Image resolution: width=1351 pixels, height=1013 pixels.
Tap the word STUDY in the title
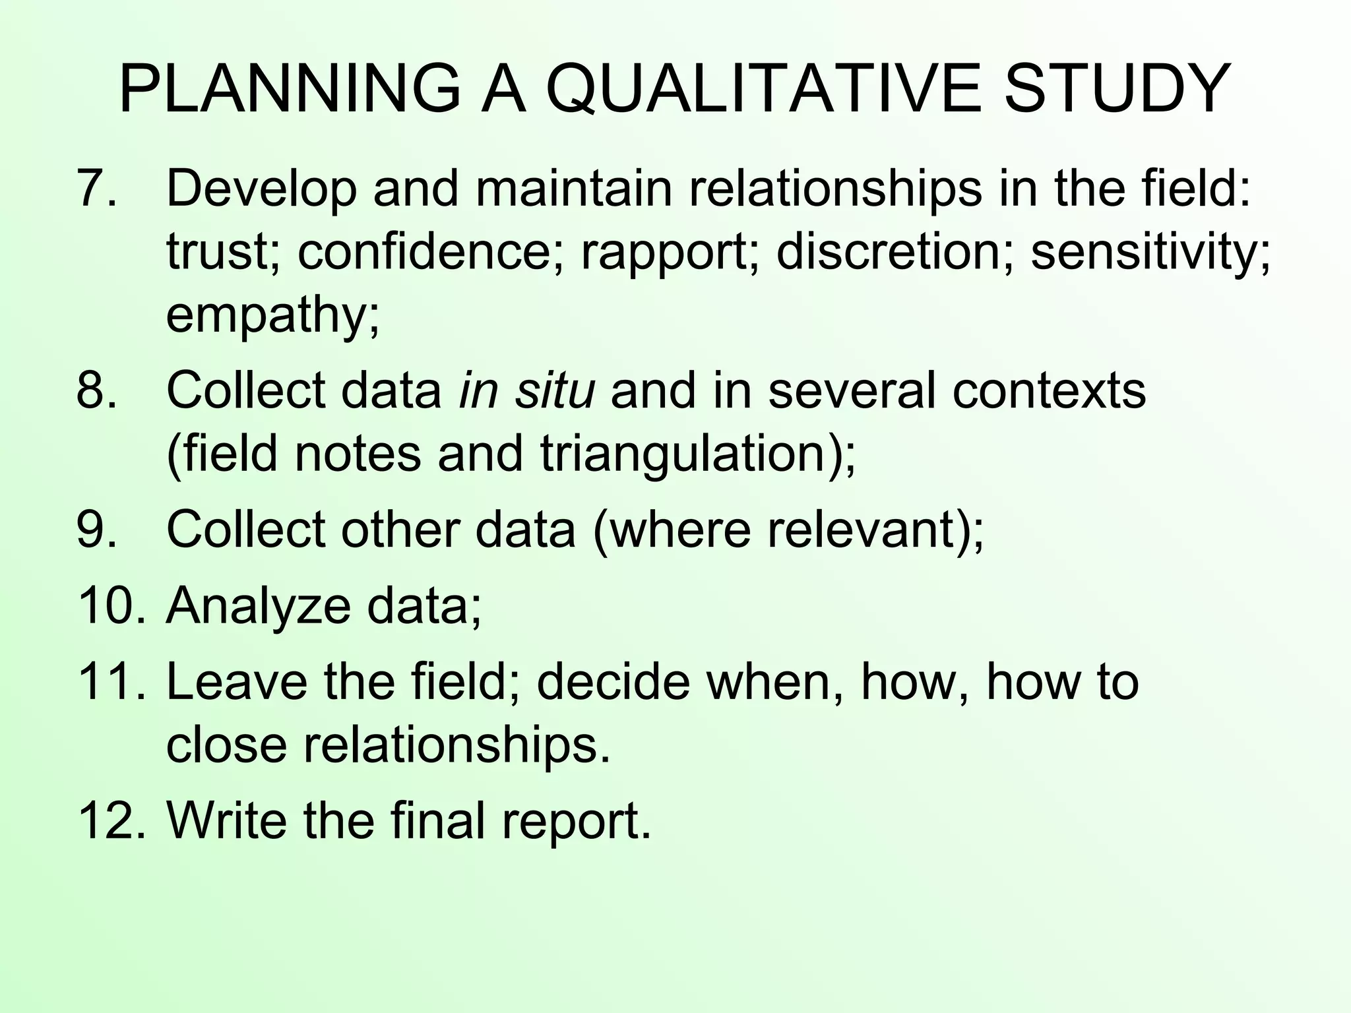click(1116, 89)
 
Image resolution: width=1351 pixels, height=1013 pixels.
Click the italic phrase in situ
click(526, 390)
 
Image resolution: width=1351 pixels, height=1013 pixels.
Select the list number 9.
click(96, 530)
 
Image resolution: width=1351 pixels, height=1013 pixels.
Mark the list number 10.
click(110, 606)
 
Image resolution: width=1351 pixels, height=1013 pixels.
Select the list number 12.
click(110, 820)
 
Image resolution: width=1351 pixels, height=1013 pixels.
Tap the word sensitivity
click(1150, 254)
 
